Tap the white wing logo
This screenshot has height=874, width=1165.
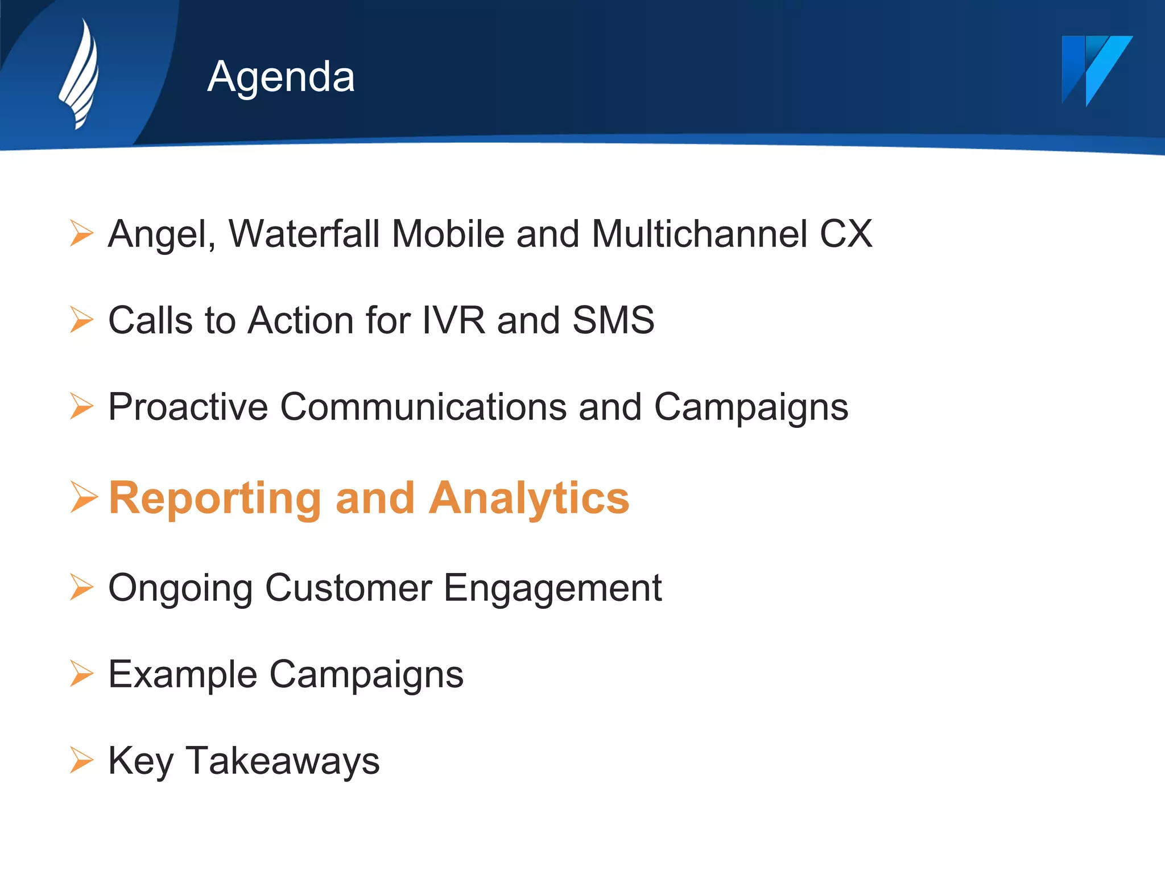(80, 74)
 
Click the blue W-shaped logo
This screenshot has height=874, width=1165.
(1096, 69)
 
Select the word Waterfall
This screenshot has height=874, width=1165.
(304, 234)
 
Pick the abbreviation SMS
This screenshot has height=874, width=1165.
(613, 320)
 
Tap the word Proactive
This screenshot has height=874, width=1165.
(188, 407)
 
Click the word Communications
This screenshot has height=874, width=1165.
(423, 407)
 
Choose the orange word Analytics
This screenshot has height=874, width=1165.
(528, 499)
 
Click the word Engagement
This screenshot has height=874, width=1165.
(552, 588)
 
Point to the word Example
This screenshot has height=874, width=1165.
(183, 675)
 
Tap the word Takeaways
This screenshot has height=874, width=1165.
(282, 761)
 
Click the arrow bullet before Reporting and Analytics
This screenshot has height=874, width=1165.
(83, 497)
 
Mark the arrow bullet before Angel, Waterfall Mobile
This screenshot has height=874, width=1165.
(81, 233)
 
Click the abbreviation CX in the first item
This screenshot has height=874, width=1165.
(845, 234)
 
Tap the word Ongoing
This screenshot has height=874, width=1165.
(180, 588)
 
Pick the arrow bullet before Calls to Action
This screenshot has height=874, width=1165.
(81, 320)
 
